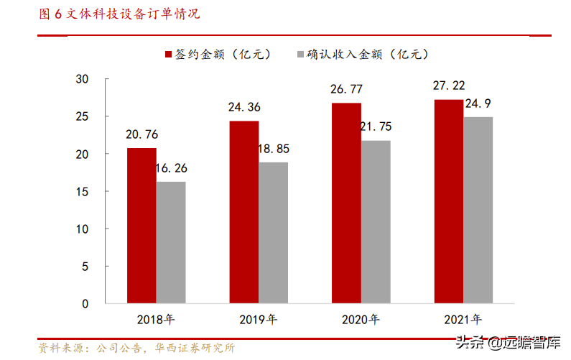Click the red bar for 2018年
[141, 226]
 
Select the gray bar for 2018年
[171, 242]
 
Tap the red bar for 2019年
[244, 212]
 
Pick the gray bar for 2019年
[273, 233]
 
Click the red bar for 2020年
[346, 203]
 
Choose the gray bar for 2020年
[376, 222]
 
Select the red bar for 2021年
[449, 201]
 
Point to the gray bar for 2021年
[478, 210]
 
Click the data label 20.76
[141, 134]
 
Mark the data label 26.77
[346, 90]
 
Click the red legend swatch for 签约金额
[168, 55]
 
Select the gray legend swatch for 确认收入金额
[300, 55]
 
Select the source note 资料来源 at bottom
[136, 348]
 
